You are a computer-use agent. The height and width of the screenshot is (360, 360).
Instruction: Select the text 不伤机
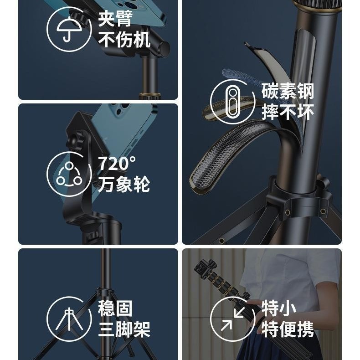[124, 40]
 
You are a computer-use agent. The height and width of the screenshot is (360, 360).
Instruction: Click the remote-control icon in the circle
[232, 102]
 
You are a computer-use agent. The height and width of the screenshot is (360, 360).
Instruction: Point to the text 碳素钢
[288, 91]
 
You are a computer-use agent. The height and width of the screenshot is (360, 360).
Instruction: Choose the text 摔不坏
[288, 112]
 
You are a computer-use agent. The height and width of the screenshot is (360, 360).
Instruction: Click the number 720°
[117, 163]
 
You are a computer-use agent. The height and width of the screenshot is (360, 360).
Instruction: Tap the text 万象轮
[124, 184]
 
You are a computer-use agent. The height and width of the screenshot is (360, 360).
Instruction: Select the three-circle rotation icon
[69, 174]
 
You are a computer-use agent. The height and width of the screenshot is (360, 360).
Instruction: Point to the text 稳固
[115, 309]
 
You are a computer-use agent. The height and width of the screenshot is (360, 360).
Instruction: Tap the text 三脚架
[124, 329]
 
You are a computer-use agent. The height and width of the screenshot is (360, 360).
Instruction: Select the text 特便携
[288, 329]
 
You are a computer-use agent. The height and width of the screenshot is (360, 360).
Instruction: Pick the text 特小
[279, 309]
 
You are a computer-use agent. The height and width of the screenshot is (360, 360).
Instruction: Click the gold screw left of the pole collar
[287, 212]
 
